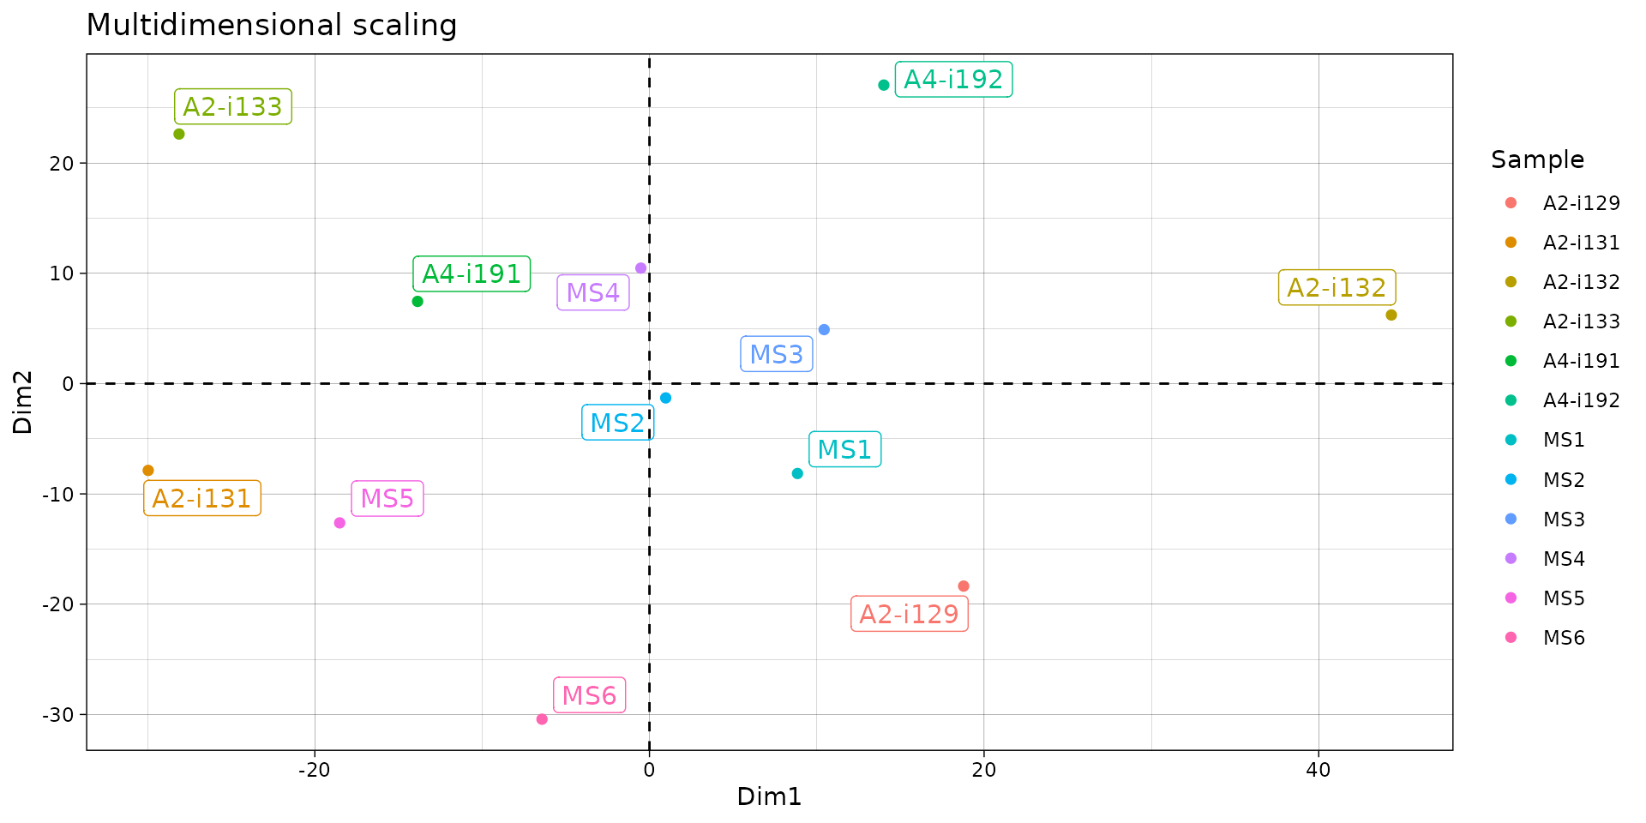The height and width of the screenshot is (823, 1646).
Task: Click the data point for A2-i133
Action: point(179,134)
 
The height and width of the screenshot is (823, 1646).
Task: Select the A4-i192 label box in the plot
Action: point(953,80)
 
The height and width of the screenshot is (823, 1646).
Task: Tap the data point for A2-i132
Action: point(1391,315)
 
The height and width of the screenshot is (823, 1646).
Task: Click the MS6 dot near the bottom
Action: point(542,719)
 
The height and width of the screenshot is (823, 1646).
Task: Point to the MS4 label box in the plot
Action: point(593,293)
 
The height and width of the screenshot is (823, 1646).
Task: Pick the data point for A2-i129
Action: point(964,586)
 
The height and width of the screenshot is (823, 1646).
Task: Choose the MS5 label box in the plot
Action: point(387,499)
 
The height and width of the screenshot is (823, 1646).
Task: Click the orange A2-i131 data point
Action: point(148,471)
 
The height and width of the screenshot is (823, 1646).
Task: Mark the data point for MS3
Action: point(824,330)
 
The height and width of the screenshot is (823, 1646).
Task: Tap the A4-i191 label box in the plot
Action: point(472,274)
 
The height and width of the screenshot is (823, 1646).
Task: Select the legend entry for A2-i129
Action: point(1581,204)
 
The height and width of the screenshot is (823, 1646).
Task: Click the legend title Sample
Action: point(1537,160)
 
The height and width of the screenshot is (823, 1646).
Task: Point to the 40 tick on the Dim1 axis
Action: point(1318,770)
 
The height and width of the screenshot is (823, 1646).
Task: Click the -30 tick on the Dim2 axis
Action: point(58,715)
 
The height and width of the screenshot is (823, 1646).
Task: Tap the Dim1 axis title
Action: point(769,797)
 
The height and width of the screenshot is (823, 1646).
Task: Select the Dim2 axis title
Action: point(23,402)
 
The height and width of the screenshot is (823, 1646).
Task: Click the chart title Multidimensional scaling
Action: point(272,25)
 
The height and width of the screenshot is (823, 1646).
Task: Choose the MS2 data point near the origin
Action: point(666,398)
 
